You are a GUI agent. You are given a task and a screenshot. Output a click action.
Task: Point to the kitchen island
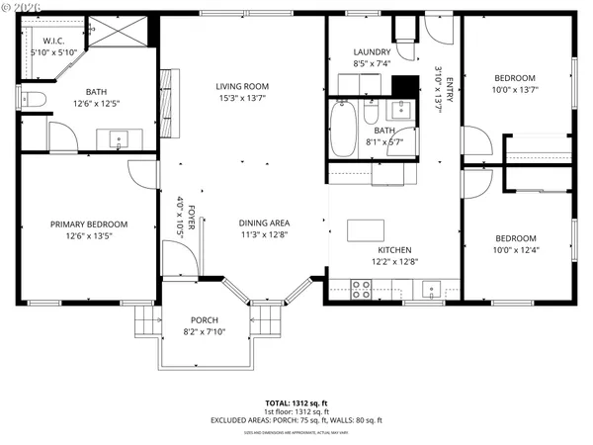tap(367, 230)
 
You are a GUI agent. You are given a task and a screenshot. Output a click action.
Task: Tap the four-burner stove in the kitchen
tap(362, 289)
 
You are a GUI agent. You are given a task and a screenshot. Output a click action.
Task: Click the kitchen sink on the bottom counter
tap(431, 289)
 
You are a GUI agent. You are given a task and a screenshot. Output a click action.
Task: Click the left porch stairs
tap(146, 321)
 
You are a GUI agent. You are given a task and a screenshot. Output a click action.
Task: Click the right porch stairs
tap(266, 321)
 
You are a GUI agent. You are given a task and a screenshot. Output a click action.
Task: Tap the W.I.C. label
tap(41, 41)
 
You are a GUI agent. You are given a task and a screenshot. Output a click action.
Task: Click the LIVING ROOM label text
tap(242, 86)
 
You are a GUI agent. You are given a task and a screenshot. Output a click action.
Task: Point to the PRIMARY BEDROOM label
tap(89, 224)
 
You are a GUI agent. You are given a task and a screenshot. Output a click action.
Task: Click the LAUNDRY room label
tap(372, 52)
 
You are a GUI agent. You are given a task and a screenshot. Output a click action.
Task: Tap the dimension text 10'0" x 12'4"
tap(515, 249)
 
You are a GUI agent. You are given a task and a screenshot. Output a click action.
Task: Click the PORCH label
tap(205, 319)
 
